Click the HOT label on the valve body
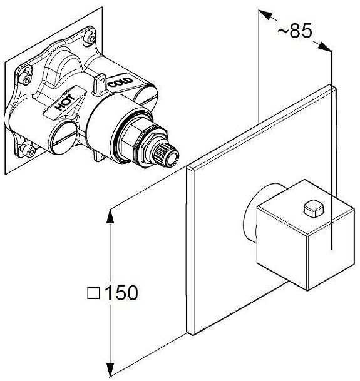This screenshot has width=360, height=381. point(65,103)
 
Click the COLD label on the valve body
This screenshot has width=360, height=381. point(120,82)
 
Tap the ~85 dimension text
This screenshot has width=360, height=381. point(294,31)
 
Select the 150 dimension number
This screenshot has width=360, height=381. point(121,293)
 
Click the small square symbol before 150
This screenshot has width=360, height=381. point(93,293)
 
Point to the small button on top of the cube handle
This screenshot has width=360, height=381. point(314,208)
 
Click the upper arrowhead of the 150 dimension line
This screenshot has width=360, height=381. point(110,216)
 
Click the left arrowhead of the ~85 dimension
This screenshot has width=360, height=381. point(265,14)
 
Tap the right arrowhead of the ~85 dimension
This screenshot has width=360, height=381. point(324,47)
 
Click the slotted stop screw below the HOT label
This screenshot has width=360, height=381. point(62,138)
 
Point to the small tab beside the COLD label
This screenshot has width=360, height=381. point(100,84)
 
